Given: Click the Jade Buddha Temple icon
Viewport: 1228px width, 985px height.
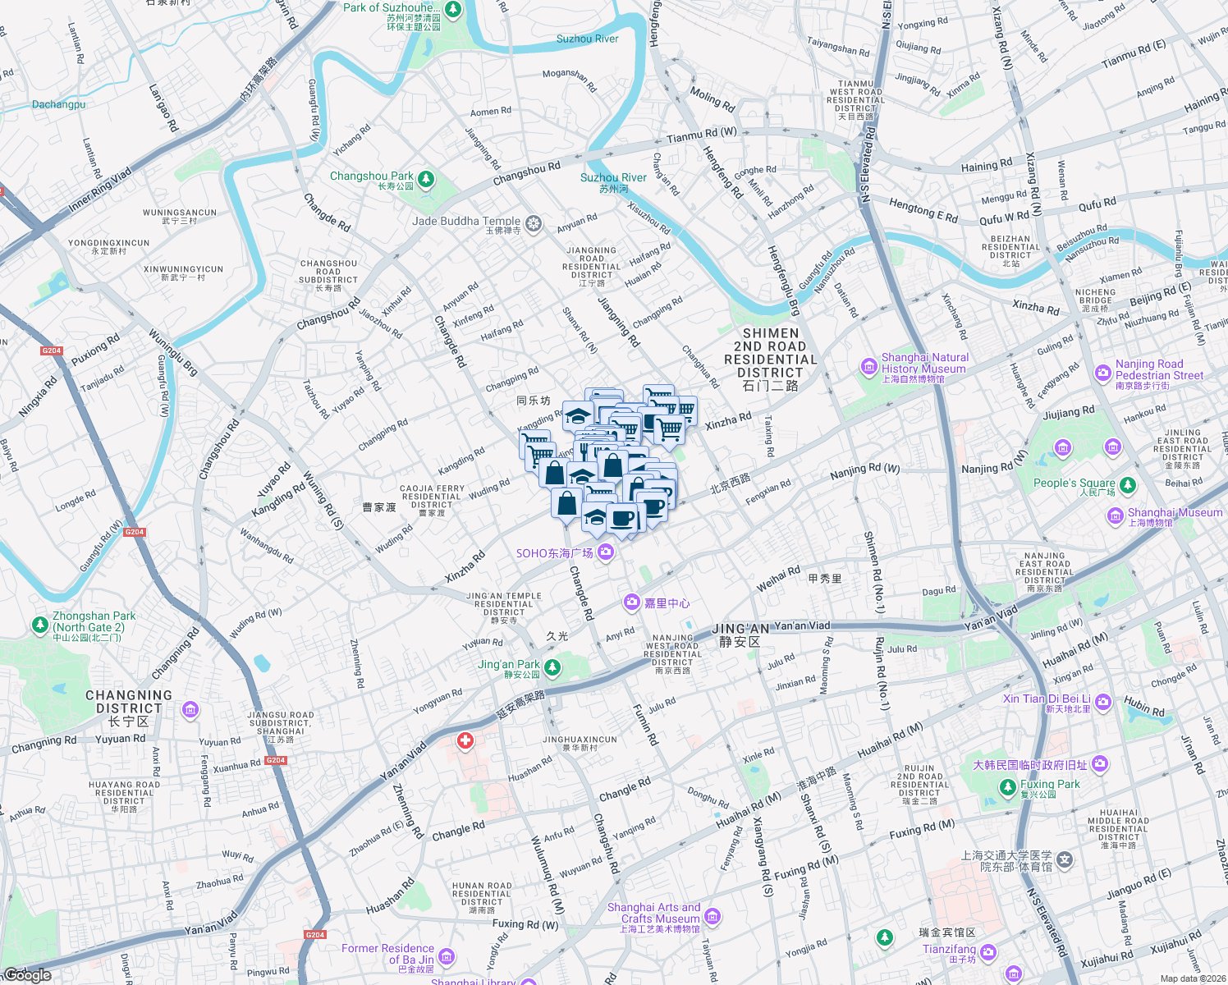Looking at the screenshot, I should (x=534, y=223).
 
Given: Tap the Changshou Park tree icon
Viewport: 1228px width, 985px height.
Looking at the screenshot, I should (x=425, y=179).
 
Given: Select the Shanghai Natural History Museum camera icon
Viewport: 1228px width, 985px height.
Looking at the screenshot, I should (x=868, y=366).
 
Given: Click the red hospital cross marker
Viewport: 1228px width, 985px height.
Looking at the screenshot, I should (x=465, y=741).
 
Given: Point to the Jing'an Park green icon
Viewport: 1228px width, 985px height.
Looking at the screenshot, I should (x=552, y=667).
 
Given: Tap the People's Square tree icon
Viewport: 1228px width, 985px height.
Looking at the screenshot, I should (x=1128, y=485).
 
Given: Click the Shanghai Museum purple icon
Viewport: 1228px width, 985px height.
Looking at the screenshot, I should (x=1115, y=515).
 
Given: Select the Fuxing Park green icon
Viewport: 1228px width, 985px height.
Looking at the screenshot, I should (x=1008, y=788).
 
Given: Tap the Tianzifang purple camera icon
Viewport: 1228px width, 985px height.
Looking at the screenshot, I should (x=988, y=952).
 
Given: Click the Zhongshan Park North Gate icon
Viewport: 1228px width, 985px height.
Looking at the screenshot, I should (x=39, y=625).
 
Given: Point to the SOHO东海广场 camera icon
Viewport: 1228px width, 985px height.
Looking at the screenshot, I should (x=606, y=552).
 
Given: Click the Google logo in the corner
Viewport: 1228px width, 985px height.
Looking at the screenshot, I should (x=27, y=975).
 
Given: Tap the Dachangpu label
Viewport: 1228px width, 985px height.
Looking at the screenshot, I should (x=58, y=104).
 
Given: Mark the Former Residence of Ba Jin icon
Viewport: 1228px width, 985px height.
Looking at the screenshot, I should (x=447, y=956).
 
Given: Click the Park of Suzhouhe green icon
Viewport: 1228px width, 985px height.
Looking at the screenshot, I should (x=453, y=11).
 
